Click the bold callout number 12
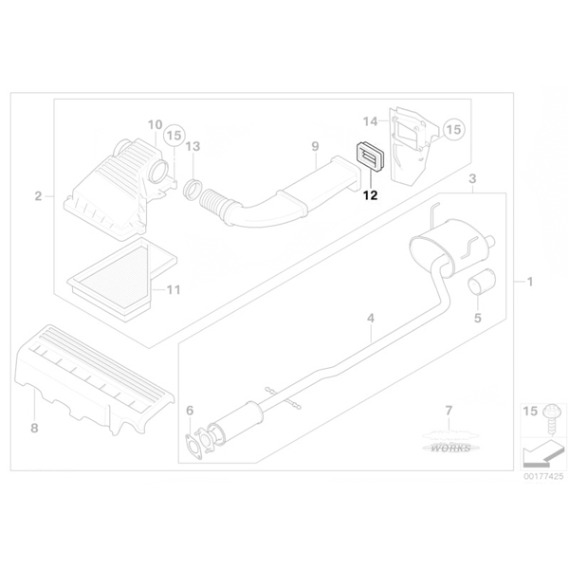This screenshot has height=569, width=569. pos(371,195)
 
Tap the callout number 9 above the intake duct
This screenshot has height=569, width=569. pos(315,147)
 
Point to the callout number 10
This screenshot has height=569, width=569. pos(155,125)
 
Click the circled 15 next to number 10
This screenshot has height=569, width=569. pos(174,136)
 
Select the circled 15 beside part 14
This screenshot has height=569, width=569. pos(453,130)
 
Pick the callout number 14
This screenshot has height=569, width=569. pos(371,121)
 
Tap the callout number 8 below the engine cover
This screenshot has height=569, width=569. pos(34,429)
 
